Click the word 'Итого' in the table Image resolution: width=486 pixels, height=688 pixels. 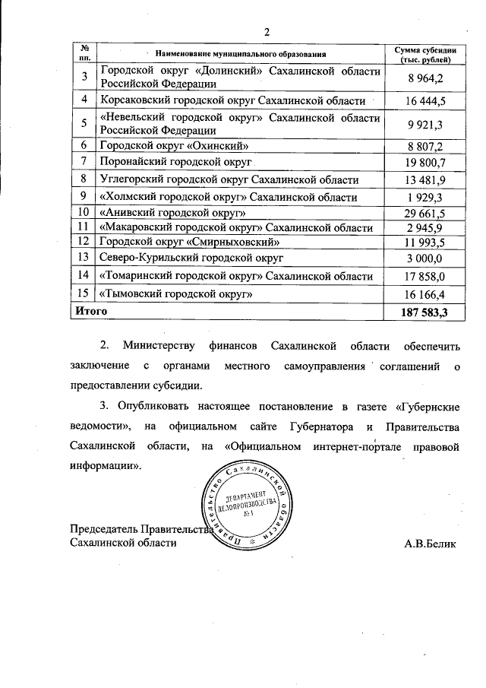(90, 312)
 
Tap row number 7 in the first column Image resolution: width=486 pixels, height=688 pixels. (85, 163)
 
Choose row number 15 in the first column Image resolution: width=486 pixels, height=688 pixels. (85, 293)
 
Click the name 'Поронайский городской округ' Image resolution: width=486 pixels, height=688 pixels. (175, 163)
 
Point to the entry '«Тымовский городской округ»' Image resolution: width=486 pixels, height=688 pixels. (176, 293)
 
